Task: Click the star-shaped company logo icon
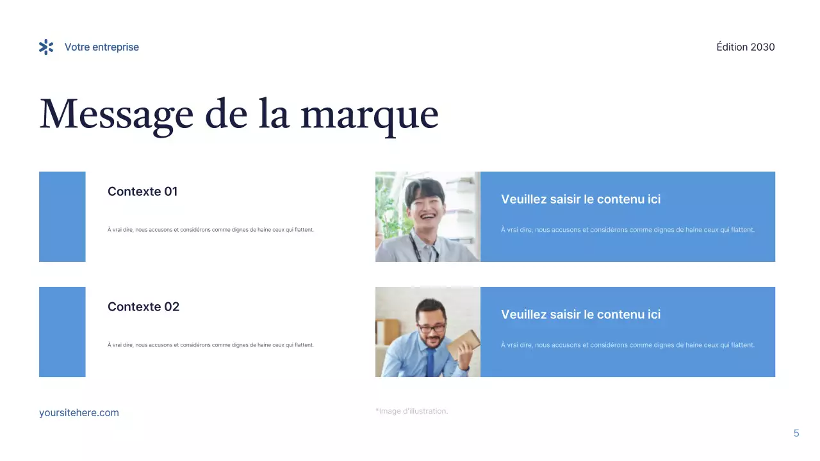[46, 47]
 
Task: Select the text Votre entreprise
[101, 47]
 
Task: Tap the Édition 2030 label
[745, 47]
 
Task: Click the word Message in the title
[116, 115]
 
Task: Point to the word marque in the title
[370, 115]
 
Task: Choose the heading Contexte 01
[142, 191]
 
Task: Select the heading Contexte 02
[143, 307]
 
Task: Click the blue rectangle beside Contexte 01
[62, 216]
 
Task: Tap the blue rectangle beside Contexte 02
[62, 332]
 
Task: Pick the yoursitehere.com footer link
[79, 413]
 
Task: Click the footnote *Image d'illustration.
[411, 411]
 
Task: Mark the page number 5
[796, 433]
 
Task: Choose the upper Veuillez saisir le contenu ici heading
[580, 199]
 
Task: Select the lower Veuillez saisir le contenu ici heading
[580, 314]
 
